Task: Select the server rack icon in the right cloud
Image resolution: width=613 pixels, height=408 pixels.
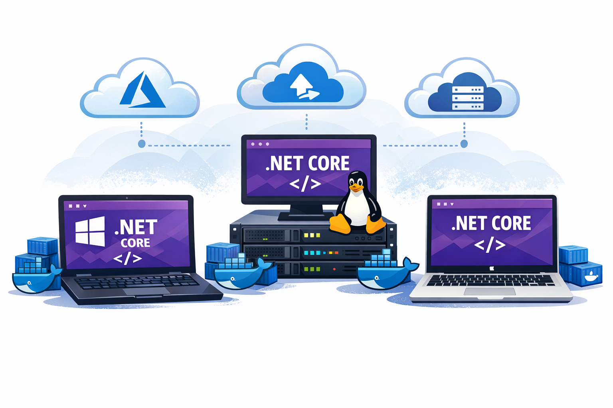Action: pyautogui.click(x=467, y=98)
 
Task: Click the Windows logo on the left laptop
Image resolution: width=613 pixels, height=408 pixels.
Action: pyautogui.click(x=90, y=231)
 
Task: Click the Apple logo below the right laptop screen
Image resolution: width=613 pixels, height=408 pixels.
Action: pyautogui.click(x=492, y=269)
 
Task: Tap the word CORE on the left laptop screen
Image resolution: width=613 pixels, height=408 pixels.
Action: pyautogui.click(x=135, y=243)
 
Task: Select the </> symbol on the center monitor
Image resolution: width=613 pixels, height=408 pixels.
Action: pyautogui.click(x=305, y=184)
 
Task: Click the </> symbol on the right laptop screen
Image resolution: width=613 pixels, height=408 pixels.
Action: pyautogui.click(x=490, y=244)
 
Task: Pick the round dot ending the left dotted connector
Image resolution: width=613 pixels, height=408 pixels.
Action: pyautogui.click(x=142, y=144)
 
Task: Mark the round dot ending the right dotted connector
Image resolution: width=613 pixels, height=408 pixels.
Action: pyautogui.click(x=464, y=144)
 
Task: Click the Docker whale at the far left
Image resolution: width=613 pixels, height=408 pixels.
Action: pyautogui.click(x=34, y=279)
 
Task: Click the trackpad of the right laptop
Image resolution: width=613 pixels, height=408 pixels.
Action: pyautogui.click(x=490, y=292)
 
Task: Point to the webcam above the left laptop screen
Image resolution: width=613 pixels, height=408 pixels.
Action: pyautogui.click(x=127, y=198)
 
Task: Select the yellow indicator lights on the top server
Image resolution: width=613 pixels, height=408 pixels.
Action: pyautogui.click(x=312, y=235)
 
